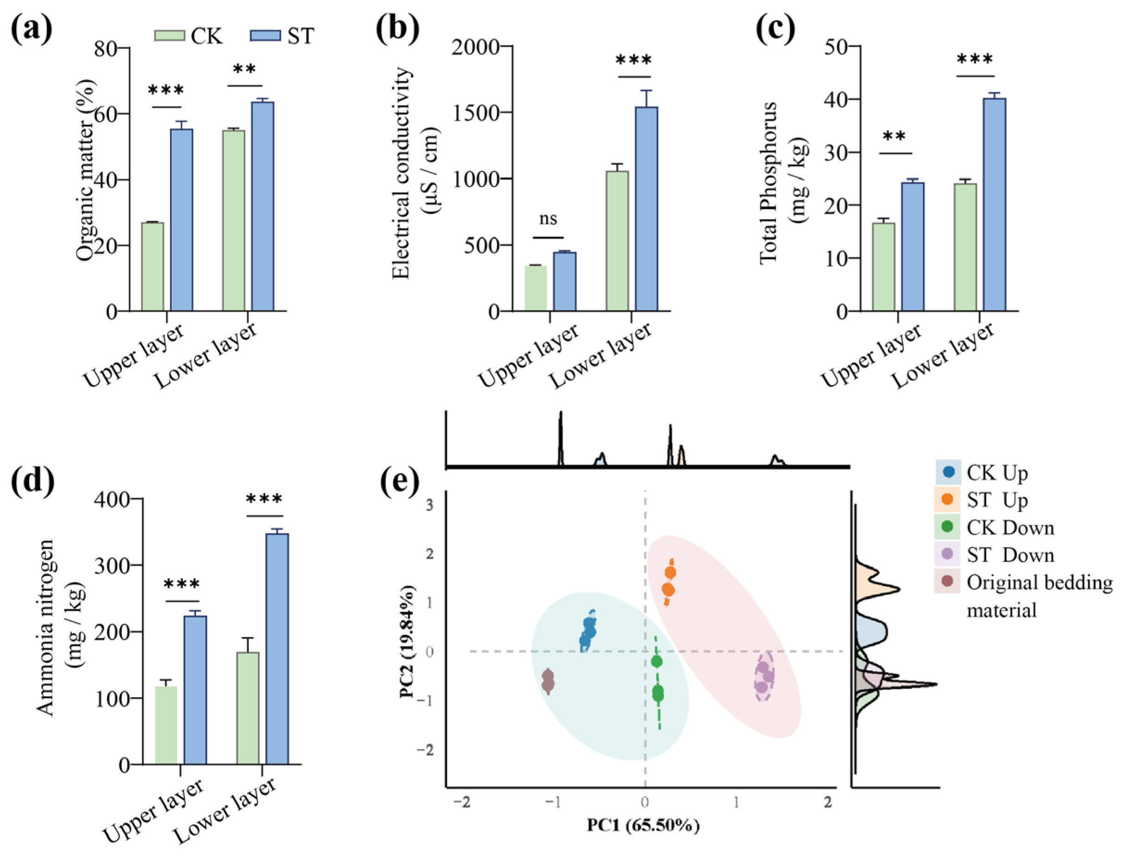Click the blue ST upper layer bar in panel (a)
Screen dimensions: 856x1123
point(182,220)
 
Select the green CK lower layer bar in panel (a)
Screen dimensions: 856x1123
point(234,220)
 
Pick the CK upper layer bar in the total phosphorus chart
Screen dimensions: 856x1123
point(884,266)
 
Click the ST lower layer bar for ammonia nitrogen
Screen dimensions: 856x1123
point(277,648)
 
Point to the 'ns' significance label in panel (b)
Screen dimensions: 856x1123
point(548,219)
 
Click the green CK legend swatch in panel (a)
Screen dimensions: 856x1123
point(169,36)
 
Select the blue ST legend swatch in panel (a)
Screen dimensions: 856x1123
point(265,36)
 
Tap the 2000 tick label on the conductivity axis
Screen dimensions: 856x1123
point(475,47)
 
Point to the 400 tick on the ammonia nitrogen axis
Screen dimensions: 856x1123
point(112,499)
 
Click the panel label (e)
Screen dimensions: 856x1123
point(400,479)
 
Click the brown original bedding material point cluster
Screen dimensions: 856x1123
point(548,681)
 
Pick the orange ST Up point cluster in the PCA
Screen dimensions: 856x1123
point(669,581)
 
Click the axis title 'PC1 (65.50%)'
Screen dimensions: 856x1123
point(643,825)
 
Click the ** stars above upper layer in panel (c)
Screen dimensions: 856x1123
point(894,137)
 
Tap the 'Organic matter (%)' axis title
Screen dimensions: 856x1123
point(86,170)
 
